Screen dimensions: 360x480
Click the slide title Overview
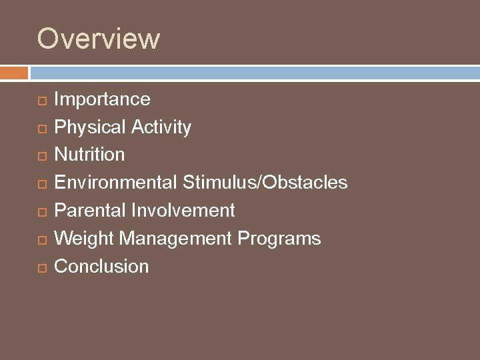coord(98,39)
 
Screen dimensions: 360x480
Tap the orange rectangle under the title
coord(14,73)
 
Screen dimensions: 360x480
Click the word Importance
coord(102,99)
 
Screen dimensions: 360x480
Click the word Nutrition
coord(89,155)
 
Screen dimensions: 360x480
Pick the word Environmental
coord(116,183)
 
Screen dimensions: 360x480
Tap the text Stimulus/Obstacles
coord(265,183)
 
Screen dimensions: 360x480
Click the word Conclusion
coord(101,267)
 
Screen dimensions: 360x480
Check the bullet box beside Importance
coord(41,101)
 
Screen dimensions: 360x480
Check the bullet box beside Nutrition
coord(41,156)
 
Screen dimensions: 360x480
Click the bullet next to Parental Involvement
coord(41,212)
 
